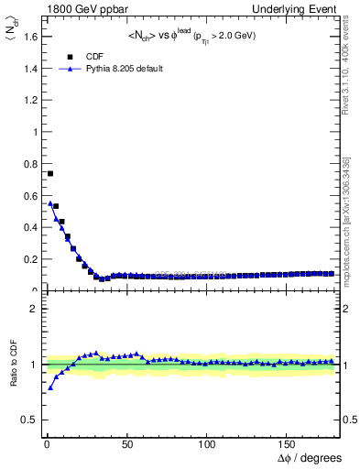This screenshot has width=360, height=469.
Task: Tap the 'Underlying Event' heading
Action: coord(308,8)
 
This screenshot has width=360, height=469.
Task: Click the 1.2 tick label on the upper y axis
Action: coord(29,100)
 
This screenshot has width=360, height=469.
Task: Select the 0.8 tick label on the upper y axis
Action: coord(29,163)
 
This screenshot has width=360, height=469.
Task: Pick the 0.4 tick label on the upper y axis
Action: coord(29,227)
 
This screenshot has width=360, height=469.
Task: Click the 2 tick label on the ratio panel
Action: coord(33,309)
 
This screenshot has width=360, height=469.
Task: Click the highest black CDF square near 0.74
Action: coord(50,173)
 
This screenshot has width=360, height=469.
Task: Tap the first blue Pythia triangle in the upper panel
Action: coord(50,202)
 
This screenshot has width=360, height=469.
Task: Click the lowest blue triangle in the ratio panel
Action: coord(50,387)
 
